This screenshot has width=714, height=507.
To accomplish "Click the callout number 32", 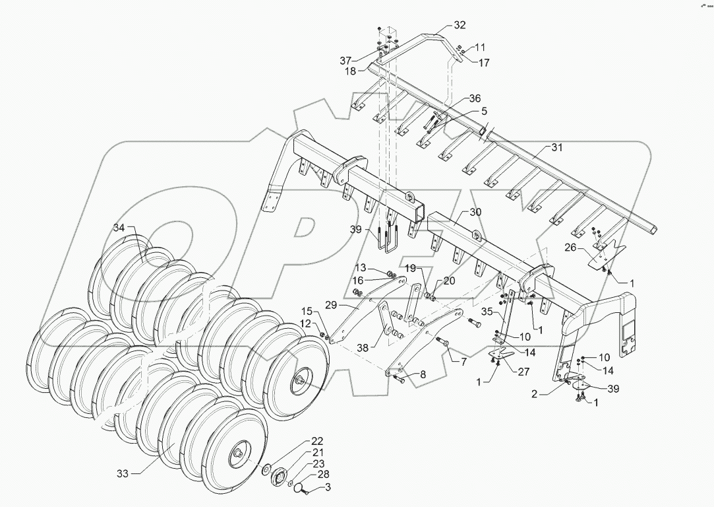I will [x=459, y=25].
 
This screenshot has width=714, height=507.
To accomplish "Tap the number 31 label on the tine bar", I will [x=557, y=148].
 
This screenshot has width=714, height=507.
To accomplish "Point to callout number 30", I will [x=475, y=212].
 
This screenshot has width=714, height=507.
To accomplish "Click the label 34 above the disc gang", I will [x=118, y=228].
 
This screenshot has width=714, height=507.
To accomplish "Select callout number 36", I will [x=475, y=98].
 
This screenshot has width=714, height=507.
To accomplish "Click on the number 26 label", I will [x=570, y=248].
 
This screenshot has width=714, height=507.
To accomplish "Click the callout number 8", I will [x=422, y=374].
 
